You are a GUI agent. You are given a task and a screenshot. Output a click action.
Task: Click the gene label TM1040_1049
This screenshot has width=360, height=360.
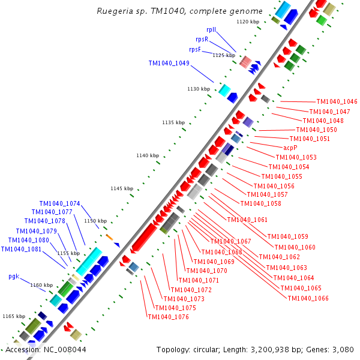(169, 63)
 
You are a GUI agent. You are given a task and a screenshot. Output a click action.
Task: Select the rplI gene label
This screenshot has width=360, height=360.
(211, 29)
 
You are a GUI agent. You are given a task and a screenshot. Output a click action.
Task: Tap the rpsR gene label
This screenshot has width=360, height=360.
(202, 39)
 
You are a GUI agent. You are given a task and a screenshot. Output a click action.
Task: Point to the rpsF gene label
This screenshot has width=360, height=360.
(199, 49)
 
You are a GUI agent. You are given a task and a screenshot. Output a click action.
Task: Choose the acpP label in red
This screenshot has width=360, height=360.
(290, 147)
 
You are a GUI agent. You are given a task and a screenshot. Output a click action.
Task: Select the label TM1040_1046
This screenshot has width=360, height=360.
(337, 102)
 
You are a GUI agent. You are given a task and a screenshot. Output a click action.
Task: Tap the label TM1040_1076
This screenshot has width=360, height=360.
(168, 317)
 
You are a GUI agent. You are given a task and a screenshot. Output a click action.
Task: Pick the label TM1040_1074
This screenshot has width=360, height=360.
(60, 203)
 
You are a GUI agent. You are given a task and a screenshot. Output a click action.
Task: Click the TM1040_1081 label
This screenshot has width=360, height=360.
(21, 249)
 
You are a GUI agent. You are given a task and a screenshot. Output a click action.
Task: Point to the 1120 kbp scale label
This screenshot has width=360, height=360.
(248, 22)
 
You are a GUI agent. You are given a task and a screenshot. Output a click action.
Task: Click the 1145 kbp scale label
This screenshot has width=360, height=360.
(122, 188)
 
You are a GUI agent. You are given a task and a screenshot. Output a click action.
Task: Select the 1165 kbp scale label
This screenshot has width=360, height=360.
(14, 316)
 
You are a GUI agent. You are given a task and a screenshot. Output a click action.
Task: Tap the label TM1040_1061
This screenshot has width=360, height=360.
(247, 220)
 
